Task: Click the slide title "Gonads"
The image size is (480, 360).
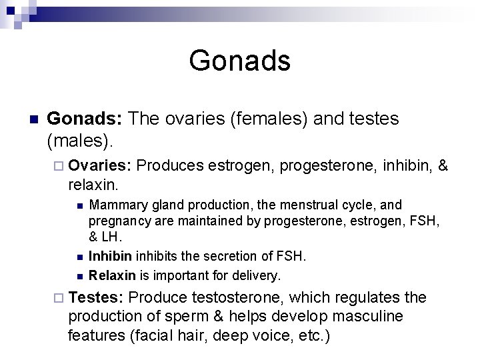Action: [x=239, y=61]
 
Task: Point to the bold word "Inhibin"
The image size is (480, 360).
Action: [x=111, y=256]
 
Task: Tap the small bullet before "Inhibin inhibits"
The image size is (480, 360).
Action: [x=79, y=257]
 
